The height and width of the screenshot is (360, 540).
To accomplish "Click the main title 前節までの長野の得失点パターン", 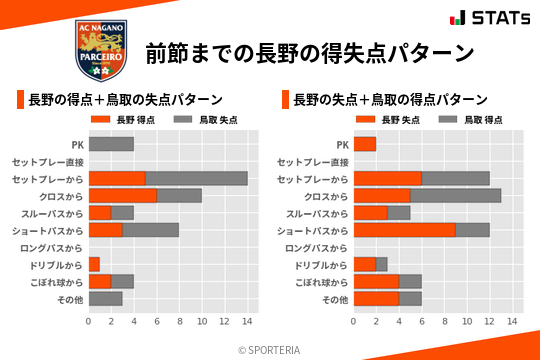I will pos(309,52).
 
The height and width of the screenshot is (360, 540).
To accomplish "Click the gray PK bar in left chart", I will pos(111,144).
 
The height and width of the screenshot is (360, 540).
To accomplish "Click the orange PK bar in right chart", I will pos(364,144).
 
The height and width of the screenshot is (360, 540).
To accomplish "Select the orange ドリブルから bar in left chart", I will pos(94,264).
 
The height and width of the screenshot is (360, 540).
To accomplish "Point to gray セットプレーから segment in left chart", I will pos(196,178).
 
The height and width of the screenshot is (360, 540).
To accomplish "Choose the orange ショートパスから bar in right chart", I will pos(404,230).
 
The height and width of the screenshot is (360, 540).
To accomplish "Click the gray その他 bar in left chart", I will pos(105,298).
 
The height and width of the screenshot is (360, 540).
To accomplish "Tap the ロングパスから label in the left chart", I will pos(55,247).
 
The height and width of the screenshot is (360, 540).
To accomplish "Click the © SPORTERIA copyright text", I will pos(270,349).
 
